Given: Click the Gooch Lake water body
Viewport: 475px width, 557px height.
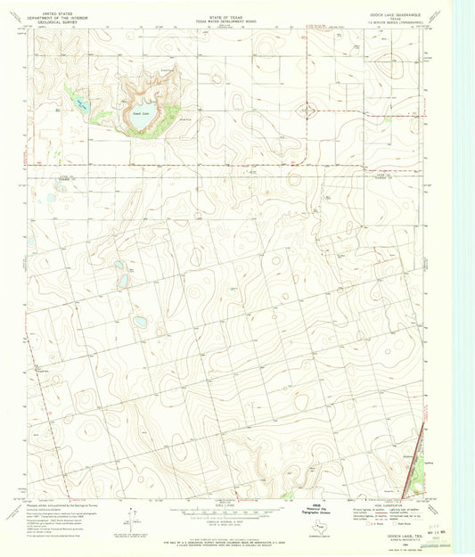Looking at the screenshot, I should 142,115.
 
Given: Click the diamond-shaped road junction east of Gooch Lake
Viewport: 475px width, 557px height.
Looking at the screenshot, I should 309,111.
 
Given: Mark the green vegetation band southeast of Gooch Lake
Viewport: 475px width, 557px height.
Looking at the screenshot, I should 152,131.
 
